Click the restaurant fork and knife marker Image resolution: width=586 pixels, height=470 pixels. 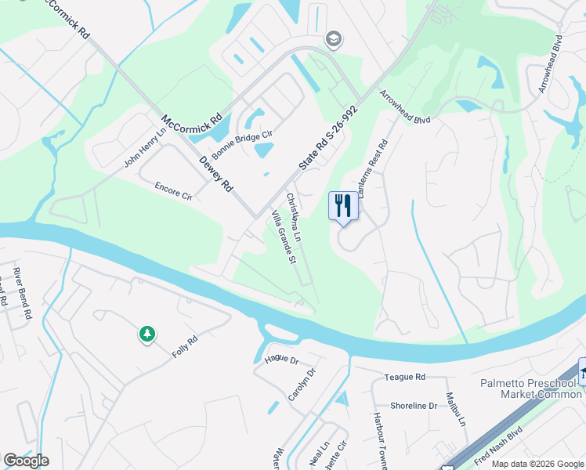pyautogui.click(x=342, y=206)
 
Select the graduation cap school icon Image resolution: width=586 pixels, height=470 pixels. pyautogui.click(x=332, y=38)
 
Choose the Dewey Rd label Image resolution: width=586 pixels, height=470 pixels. pyautogui.click(x=216, y=175)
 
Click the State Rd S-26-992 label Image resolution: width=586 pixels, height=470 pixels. pyautogui.click(x=327, y=140)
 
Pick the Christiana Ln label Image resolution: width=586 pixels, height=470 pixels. pyautogui.click(x=294, y=216)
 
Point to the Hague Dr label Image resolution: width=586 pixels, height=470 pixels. pyautogui.click(x=282, y=360)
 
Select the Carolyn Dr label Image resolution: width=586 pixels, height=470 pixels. pyautogui.click(x=302, y=384)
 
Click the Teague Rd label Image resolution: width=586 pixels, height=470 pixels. pyautogui.click(x=404, y=378)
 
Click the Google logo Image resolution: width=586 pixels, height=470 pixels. pyautogui.click(x=26, y=461)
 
